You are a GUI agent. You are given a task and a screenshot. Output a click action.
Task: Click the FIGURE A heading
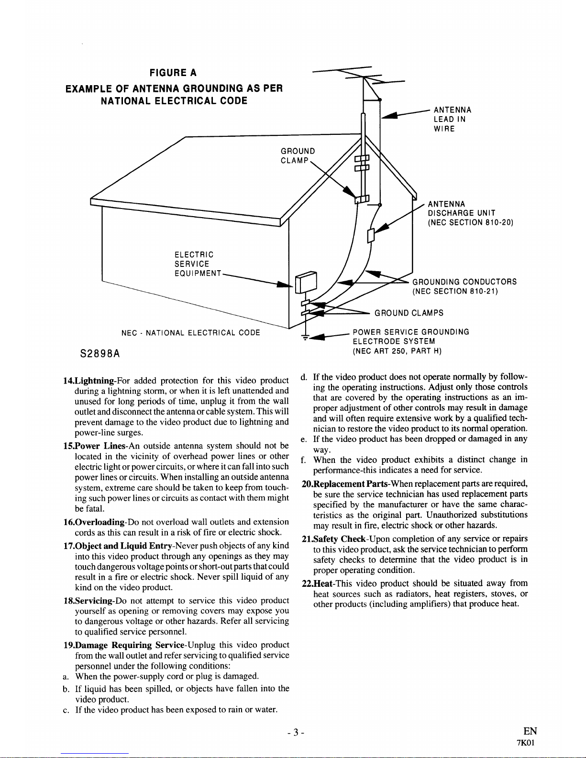pos(173,73)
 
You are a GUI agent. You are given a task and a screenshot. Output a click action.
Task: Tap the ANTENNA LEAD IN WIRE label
pos(453,119)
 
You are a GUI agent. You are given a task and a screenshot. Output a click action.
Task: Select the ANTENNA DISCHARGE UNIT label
pos(471,213)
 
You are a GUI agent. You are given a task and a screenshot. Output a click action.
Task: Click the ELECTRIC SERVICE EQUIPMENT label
pos(198,264)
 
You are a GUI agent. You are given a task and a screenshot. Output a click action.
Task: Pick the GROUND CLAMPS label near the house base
pos(409,313)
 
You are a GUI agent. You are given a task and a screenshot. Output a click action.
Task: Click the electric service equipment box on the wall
pos(306,282)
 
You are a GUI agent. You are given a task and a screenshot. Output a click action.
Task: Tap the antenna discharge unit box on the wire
pos(371,235)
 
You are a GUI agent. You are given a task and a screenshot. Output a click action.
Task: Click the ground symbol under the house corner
pos(305,337)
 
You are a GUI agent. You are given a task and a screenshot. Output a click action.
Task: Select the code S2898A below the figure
pos(100,354)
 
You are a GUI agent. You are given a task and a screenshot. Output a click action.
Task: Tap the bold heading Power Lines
pos(100,446)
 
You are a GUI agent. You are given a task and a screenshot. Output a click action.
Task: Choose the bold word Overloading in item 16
pos(100,522)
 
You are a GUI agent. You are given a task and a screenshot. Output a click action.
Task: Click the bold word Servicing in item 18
pos(94,601)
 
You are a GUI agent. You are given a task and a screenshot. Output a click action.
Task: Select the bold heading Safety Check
pos(339,539)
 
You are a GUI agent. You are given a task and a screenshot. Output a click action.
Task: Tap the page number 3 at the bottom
pos(296,733)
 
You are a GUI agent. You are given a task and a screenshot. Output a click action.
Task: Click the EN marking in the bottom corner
pos(530,731)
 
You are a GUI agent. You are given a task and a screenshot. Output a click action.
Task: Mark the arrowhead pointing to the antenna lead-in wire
pos(389,115)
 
